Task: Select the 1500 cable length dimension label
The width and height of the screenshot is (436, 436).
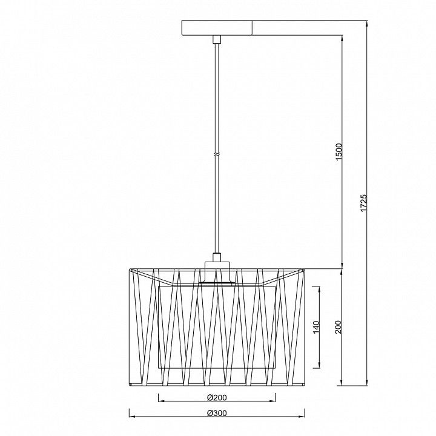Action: pyautogui.click(x=339, y=152)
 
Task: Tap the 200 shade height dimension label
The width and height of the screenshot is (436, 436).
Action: pyautogui.click(x=338, y=327)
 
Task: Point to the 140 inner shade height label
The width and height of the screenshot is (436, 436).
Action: pyautogui.click(x=317, y=327)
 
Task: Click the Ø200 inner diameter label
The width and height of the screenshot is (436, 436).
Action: pyautogui.click(x=217, y=398)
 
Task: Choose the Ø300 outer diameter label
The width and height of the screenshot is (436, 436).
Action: pyautogui.click(x=217, y=413)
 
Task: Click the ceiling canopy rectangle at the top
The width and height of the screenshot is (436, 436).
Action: pyautogui.click(x=217, y=28)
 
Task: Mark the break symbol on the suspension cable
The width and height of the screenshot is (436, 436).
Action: pyautogui.click(x=217, y=154)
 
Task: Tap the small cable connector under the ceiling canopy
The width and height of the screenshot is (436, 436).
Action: pyautogui.click(x=217, y=39)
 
